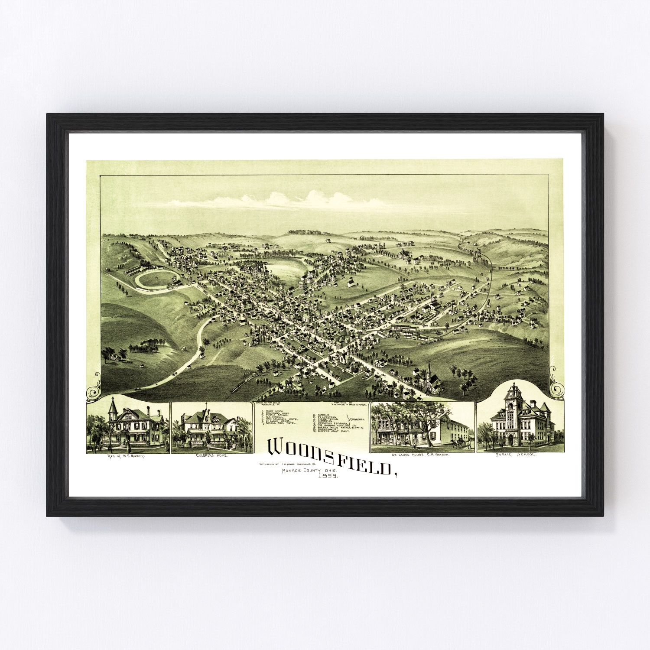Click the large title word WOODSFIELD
click(x=331, y=455)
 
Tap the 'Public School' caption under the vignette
click(x=520, y=456)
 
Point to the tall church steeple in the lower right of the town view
click(x=429, y=368)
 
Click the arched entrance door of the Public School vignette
click(x=510, y=440)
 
